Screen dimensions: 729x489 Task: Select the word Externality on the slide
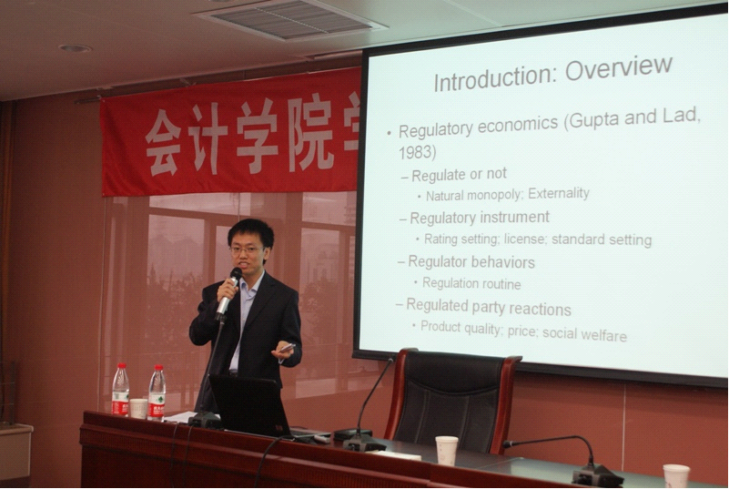[559, 193]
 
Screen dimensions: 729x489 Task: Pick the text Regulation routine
[471, 283]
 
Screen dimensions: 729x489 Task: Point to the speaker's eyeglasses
[247, 250]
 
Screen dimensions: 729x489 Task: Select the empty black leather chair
[451, 400]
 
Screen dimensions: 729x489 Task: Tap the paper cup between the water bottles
[138, 408]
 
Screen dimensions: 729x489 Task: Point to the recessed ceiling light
[75, 48]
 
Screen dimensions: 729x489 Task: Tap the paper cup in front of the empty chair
[446, 451]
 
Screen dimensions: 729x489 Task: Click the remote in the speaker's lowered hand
[288, 347]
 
